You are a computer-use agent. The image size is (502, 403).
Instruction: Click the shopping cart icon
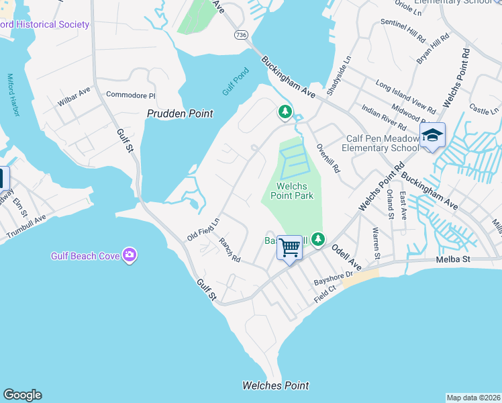pos(290,247)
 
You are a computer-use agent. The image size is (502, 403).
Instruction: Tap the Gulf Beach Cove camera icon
pos(130,255)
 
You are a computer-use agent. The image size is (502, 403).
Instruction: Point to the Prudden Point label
pos(180,114)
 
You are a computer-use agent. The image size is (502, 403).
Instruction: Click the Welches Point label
pos(276,386)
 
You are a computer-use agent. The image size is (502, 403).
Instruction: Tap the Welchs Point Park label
pos(292,191)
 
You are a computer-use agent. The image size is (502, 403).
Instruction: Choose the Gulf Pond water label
pos(236,81)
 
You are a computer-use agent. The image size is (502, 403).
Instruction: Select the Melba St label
pos(454,259)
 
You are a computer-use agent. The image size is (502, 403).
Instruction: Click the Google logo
pos(22,395)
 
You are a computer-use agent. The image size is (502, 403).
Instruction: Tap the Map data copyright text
pos(473,398)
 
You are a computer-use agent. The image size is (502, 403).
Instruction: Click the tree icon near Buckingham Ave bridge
pos(285,111)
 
